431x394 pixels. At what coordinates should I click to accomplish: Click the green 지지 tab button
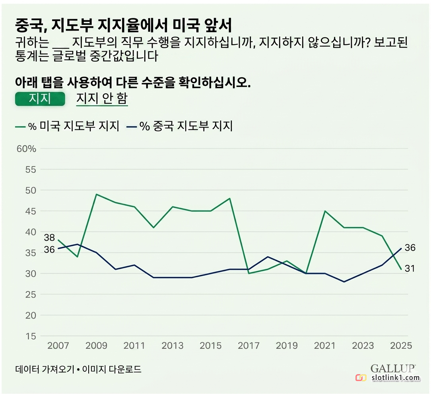[x=40, y=98]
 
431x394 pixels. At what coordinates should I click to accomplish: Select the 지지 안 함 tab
[x=102, y=98]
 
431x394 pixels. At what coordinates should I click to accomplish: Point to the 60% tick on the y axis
[x=27, y=149]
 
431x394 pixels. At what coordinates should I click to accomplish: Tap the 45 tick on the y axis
[x=31, y=211]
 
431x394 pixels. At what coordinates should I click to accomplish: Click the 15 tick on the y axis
[x=31, y=336]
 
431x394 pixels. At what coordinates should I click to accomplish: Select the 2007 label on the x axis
[x=58, y=345]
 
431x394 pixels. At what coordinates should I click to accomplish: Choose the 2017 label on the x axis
[x=249, y=345]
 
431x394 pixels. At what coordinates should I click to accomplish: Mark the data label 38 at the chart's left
[x=50, y=238]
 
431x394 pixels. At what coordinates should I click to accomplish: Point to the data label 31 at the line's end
[x=410, y=269]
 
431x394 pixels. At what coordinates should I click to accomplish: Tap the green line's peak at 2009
[x=97, y=195]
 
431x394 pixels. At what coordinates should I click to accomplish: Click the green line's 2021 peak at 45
[x=325, y=211]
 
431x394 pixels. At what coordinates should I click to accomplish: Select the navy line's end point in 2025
[x=401, y=249]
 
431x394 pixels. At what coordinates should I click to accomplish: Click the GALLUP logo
[x=393, y=369]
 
